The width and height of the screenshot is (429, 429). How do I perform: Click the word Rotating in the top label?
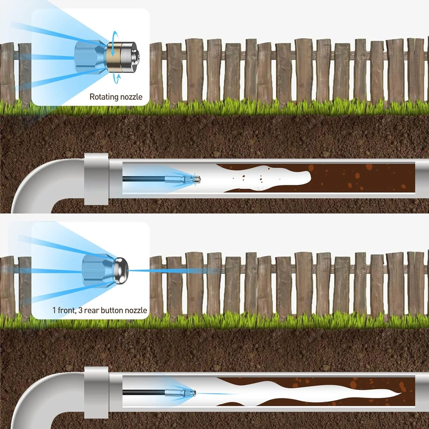[103, 97]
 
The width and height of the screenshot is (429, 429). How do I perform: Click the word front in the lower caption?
[66, 310]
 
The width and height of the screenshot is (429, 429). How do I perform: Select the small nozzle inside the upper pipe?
[194, 178]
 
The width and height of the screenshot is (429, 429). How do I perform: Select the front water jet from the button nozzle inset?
[172, 271]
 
